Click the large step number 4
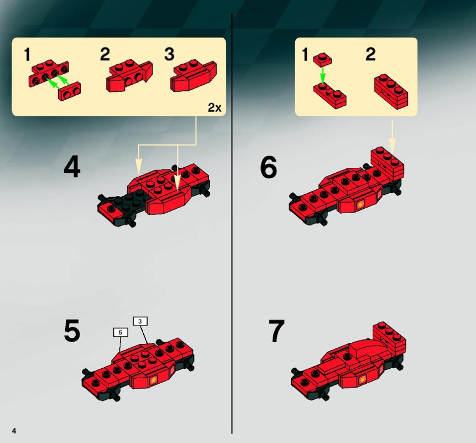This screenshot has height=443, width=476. coord(72,166)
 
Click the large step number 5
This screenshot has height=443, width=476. coord(72,330)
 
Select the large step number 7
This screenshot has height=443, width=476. coord(276,331)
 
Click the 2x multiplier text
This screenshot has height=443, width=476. coord(215,107)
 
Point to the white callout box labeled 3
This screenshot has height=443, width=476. coord(140,321)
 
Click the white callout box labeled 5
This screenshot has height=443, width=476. coord(120,332)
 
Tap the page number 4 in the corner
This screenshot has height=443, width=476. coord(14,430)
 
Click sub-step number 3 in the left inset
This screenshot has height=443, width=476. coord(169,54)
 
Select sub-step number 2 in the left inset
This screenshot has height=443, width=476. coord(104,54)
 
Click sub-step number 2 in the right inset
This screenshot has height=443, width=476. coord(370,54)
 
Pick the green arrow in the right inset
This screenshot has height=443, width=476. coord(323,75)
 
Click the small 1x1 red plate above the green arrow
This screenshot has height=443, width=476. coord(323,59)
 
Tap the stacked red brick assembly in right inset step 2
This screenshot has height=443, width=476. coord(391,91)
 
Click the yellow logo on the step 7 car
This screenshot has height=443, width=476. coord(362,379)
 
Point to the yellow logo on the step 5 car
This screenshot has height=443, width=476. coord(154,380)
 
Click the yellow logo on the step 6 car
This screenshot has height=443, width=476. coord(360,204)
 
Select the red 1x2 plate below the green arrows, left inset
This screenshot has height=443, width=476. coord(70,91)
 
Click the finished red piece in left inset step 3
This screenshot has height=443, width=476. coord(193,76)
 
